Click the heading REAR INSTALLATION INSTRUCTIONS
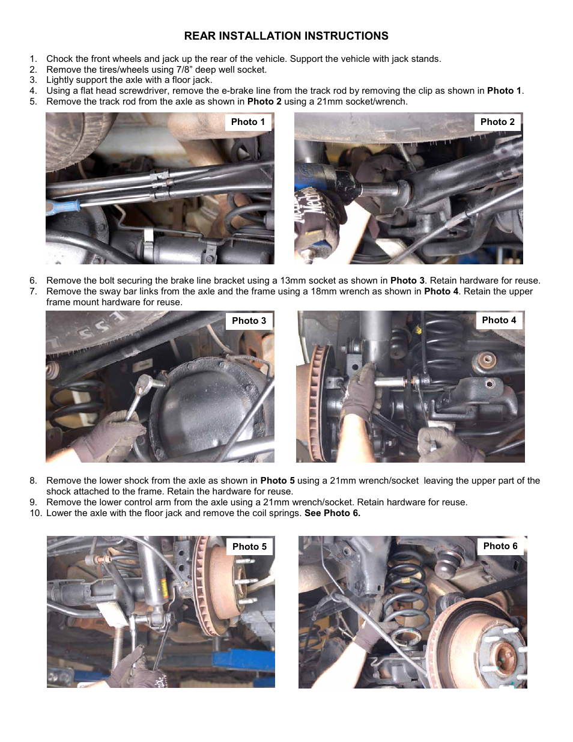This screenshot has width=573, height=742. click(x=286, y=36)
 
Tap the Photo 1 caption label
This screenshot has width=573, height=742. click(x=247, y=122)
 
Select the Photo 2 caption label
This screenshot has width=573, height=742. click(x=497, y=122)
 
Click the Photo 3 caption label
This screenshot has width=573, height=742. click(x=249, y=321)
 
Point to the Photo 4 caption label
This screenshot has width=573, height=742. click(x=499, y=320)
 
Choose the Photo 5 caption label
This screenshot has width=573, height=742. click(x=249, y=547)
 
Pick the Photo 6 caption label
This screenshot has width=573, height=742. click(x=500, y=546)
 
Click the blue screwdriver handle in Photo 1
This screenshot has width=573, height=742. click(x=64, y=207)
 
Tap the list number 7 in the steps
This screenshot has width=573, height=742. click(x=33, y=291)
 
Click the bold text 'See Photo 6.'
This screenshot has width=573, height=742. click(x=332, y=513)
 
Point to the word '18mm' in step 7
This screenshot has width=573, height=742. click(x=323, y=291)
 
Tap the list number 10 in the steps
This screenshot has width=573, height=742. click(x=35, y=513)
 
